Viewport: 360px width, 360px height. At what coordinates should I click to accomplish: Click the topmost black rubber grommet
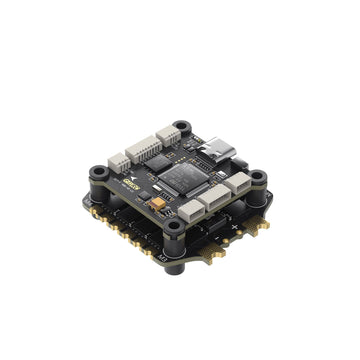coord(182,128)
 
